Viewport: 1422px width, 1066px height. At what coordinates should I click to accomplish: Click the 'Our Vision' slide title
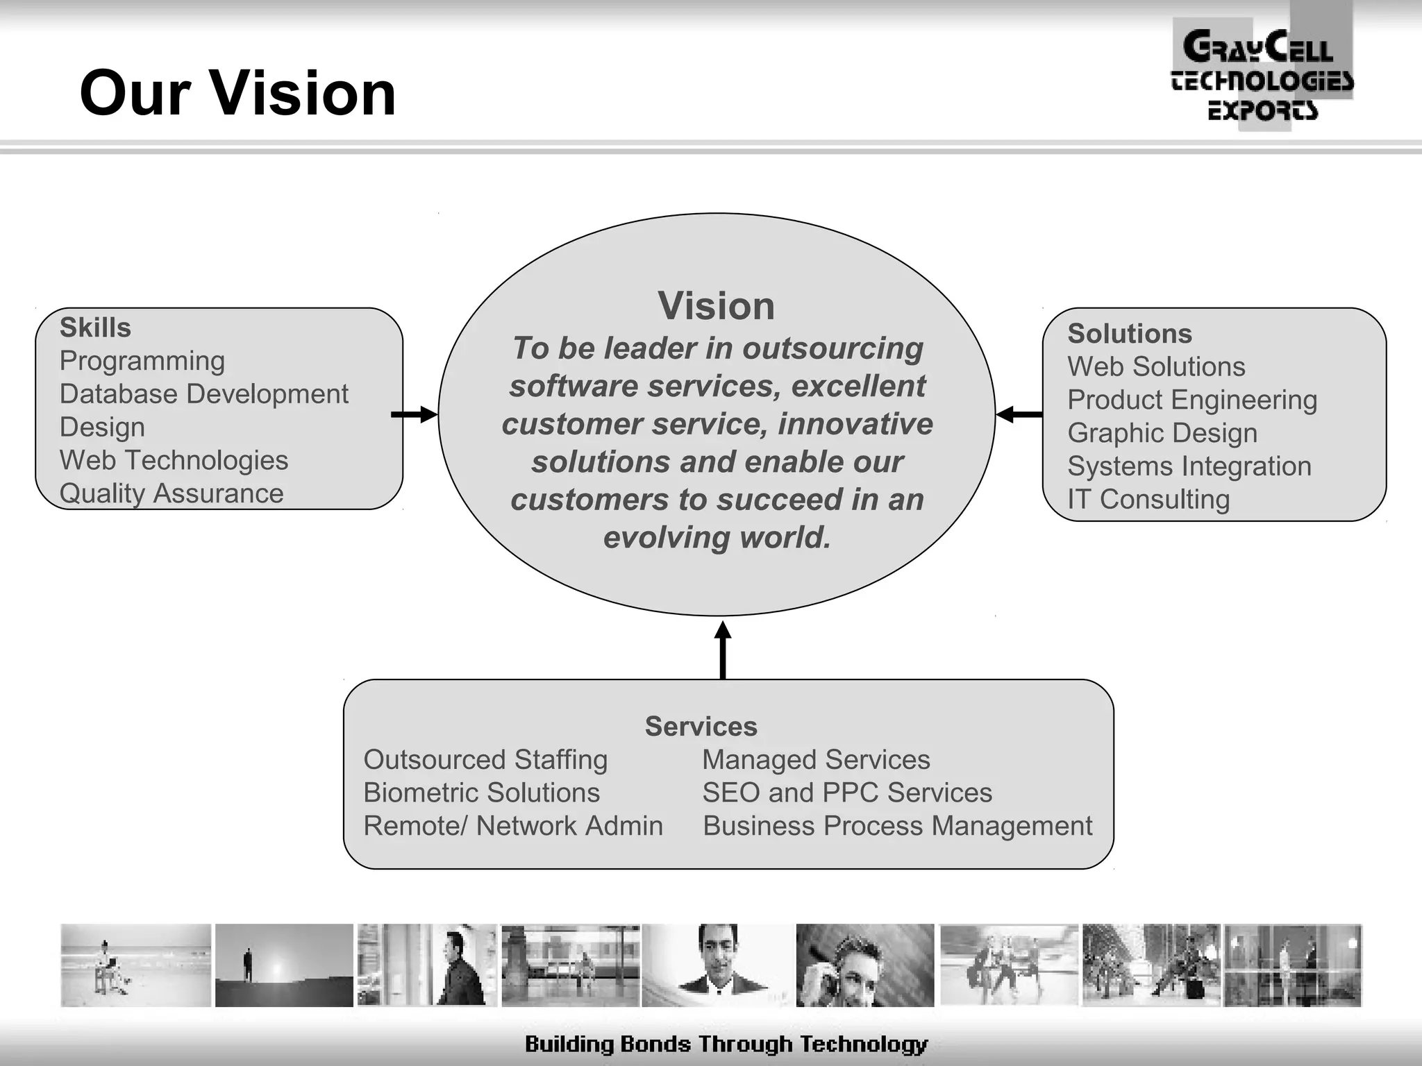[237, 94]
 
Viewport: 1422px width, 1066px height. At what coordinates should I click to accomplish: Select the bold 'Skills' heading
[95, 328]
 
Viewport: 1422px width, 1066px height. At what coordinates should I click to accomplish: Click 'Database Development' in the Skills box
[203, 394]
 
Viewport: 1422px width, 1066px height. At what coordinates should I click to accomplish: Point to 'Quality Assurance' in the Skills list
[172, 493]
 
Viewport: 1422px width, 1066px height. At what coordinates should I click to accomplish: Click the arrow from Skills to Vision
[415, 415]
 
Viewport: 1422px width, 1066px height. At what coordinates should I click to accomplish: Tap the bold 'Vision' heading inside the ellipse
[716, 306]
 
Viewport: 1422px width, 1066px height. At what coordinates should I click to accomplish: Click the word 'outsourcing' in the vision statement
[833, 348]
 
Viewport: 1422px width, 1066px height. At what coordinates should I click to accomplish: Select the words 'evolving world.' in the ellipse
[717, 537]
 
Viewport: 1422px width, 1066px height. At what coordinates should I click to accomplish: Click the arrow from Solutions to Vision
[1019, 415]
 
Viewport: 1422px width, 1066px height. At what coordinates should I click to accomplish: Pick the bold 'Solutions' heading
[1130, 334]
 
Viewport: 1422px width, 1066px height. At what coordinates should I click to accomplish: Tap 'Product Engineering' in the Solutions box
[1192, 400]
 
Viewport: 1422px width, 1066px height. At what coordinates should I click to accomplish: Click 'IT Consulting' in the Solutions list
[1148, 499]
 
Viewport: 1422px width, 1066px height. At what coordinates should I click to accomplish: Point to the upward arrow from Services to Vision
[723, 650]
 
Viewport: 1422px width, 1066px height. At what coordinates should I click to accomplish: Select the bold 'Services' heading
[701, 727]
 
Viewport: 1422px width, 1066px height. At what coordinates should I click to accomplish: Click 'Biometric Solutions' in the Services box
[481, 793]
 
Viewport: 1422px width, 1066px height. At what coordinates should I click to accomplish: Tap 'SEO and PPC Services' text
[847, 793]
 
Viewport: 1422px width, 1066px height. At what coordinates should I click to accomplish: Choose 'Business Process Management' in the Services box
[897, 826]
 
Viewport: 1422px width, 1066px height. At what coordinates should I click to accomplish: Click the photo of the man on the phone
[864, 965]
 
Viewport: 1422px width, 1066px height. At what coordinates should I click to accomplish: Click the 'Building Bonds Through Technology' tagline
[726, 1044]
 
